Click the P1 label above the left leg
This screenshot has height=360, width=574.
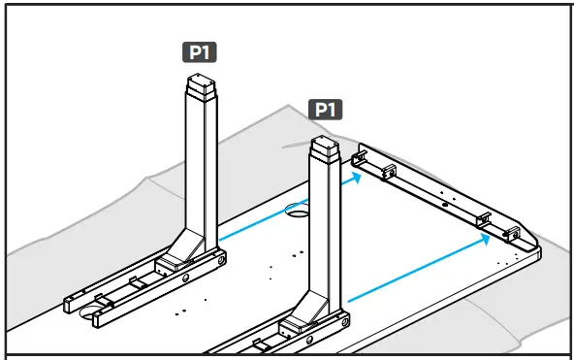tap(201, 52)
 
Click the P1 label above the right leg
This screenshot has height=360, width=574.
tap(326, 109)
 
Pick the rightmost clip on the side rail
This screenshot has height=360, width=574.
tap(512, 233)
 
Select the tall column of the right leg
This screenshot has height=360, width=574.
tap(325, 223)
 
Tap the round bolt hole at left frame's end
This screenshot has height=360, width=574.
tap(222, 260)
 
